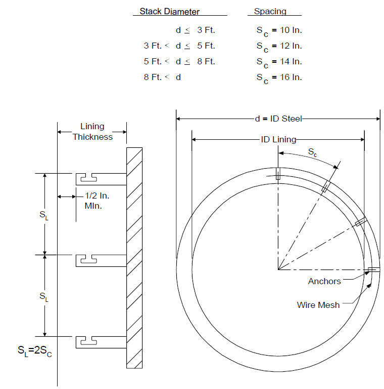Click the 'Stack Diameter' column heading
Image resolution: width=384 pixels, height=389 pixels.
tap(169, 12)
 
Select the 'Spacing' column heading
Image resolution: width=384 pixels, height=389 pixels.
tap(270, 12)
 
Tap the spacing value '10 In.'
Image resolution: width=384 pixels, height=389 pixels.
tap(291, 30)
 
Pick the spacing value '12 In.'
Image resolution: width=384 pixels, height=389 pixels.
tap(291, 46)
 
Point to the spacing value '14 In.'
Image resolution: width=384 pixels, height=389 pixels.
tap(291, 61)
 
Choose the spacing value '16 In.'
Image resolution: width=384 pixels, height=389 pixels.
tap(291, 77)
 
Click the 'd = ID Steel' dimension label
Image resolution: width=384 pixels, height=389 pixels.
tap(278, 119)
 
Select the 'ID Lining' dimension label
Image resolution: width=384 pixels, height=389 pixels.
tap(278, 139)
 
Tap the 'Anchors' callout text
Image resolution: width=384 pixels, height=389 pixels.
tap(324, 281)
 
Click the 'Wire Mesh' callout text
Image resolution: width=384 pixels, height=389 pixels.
tap(318, 305)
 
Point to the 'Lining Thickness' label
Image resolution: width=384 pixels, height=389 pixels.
tap(92, 132)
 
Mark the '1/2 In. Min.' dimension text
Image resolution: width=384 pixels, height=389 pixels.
tap(97, 201)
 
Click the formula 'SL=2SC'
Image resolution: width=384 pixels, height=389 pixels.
tap(35, 351)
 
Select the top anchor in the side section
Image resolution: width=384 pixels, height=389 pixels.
tap(101, 179)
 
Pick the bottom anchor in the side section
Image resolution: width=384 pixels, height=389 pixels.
tap(101, 342)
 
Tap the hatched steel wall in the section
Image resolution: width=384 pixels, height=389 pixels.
tap(134, 258)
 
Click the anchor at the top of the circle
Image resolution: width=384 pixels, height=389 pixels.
tap(278, 174)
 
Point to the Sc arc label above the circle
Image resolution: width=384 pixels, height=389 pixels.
tap(312, 152)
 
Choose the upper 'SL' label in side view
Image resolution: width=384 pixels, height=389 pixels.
tap(44, 215)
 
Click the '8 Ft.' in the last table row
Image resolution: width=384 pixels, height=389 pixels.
tap(153, 77)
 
